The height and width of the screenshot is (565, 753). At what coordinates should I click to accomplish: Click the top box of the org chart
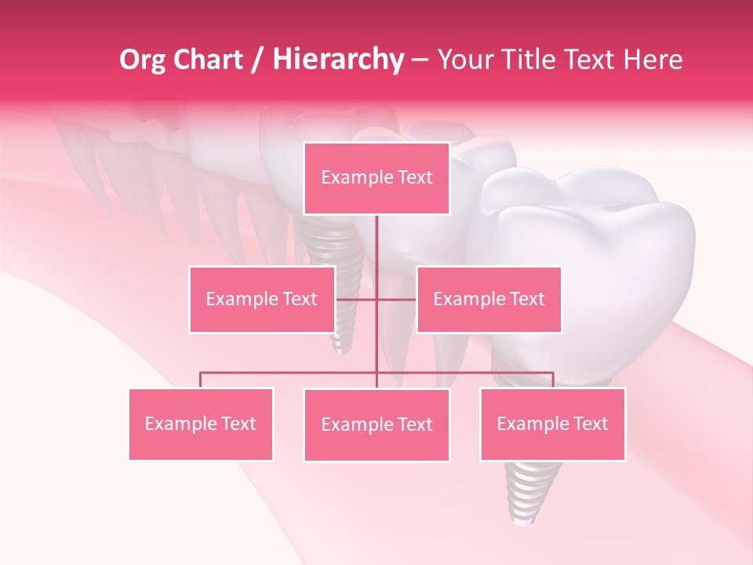(x=376, y=178)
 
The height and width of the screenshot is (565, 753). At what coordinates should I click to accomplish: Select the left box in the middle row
(x=262, y=299)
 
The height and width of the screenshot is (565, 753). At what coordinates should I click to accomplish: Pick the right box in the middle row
(x=489, y=299)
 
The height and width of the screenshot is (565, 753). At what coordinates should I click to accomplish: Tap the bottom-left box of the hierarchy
(x=201, y=424)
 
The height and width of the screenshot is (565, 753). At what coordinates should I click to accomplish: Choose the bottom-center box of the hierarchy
(x=376, y=425)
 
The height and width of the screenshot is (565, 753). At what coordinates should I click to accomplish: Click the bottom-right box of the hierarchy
(x=552, y=424)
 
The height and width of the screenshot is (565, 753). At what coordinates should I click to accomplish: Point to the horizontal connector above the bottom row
(x=290, y=373)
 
